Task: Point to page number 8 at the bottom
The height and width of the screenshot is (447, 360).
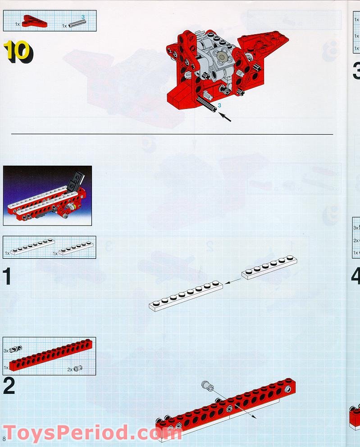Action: click(5, 438)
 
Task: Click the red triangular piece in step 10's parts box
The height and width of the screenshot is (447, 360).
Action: click(33, 19)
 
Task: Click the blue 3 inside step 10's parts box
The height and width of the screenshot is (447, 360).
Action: click(83, 17)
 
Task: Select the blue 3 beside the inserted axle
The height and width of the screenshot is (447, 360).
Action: click(219, 105)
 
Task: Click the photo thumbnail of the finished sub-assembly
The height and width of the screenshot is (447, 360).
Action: click(47, 195)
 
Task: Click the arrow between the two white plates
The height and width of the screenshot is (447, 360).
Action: click(232, 281)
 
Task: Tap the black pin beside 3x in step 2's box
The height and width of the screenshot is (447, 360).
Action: click(16, 349)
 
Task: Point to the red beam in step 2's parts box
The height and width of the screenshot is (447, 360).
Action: click(50, 358)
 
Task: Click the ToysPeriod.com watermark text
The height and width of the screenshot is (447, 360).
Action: click(92, 433)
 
